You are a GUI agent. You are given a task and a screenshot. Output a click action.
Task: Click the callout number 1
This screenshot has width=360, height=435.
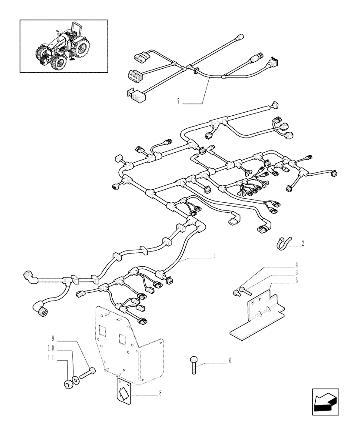point(214,256)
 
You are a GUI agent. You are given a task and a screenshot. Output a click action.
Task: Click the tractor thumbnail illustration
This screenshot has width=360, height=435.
point(63,46)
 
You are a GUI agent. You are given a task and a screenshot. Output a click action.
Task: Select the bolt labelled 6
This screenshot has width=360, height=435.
point(193,365)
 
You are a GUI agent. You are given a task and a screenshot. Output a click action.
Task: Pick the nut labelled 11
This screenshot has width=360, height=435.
point(67,385)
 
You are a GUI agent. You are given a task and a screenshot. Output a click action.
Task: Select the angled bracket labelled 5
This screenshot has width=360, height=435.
point(259,313)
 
